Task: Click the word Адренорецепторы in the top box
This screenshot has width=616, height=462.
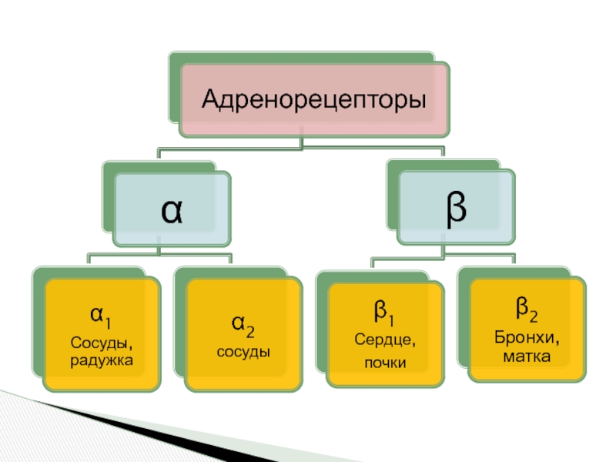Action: [314, 99]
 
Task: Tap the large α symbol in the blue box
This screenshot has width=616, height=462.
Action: [172, 210]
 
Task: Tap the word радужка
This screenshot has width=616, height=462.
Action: [102, 359]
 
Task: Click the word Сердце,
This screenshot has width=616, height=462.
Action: [385, 340]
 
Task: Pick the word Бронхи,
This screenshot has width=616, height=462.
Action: [527, 339]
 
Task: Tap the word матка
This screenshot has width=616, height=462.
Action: [527, 356]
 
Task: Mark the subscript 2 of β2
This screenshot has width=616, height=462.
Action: [534, 314]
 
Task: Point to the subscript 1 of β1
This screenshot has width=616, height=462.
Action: [392, 318]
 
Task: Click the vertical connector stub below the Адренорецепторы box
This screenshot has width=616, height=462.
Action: [303, 141]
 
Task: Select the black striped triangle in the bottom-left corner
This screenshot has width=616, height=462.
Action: [46, 420]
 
